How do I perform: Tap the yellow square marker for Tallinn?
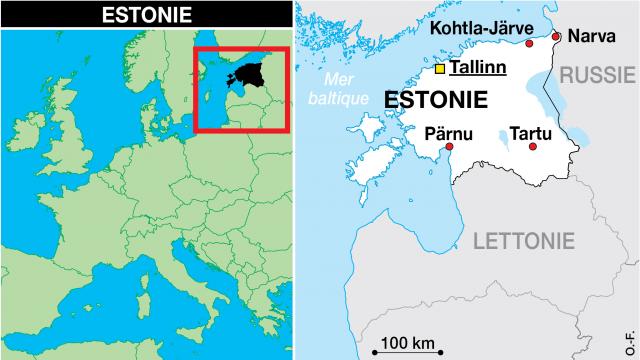pos(440,70)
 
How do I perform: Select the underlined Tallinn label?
pos(478,69)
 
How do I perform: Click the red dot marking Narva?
pos(556,35)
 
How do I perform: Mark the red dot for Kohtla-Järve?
pos(529,44)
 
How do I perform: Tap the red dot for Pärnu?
pos(451,147)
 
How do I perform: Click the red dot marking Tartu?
pos(532,147)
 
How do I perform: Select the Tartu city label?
pos(530,131)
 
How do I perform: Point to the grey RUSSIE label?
pos(597,75)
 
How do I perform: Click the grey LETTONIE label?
pos(524,241)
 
